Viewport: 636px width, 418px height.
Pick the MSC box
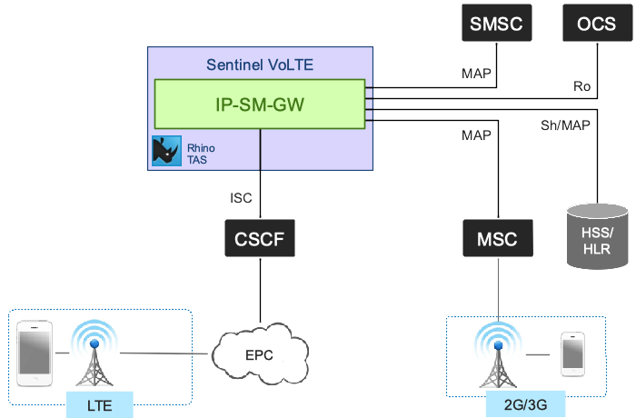[497, 240]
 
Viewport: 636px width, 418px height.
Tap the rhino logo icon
[166, 151]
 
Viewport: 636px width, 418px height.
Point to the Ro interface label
[582, 86]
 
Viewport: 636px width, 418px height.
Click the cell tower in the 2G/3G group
[498, 355]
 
